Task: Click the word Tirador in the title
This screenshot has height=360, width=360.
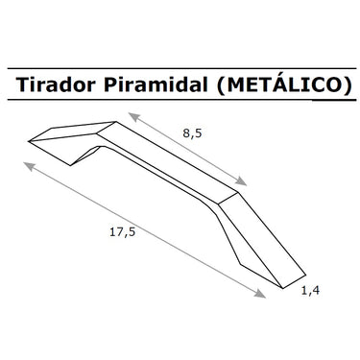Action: point(56,84)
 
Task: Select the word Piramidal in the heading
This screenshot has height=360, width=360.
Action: point(156,84)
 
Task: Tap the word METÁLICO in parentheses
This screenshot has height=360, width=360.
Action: point(284,84)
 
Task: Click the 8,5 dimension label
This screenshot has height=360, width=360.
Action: point(193,132)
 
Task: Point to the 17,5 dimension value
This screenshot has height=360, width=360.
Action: point(123,232)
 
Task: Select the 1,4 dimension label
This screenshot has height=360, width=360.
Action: point(310,290)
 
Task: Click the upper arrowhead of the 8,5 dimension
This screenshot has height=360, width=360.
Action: point(134,117)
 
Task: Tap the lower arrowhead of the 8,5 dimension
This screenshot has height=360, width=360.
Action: point(241,181)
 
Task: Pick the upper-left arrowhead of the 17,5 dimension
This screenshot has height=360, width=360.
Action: point(29,166)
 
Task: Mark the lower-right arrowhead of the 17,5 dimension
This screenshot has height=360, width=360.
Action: point(260,294)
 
